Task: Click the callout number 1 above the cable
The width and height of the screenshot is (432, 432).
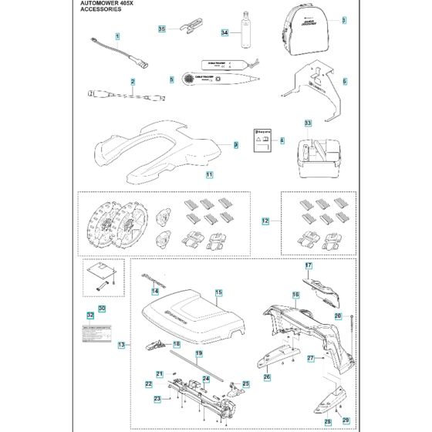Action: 117,36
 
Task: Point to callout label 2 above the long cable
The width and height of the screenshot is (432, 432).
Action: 133,81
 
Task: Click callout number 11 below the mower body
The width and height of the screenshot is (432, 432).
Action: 187,175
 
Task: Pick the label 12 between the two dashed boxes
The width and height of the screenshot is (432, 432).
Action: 265,221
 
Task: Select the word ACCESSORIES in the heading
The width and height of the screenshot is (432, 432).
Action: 102,11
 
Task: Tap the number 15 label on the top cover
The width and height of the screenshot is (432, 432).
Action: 218,293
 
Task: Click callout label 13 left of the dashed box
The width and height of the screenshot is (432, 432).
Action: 122,345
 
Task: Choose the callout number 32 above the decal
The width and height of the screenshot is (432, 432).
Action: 90,315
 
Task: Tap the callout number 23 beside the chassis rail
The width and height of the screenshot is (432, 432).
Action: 157,398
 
